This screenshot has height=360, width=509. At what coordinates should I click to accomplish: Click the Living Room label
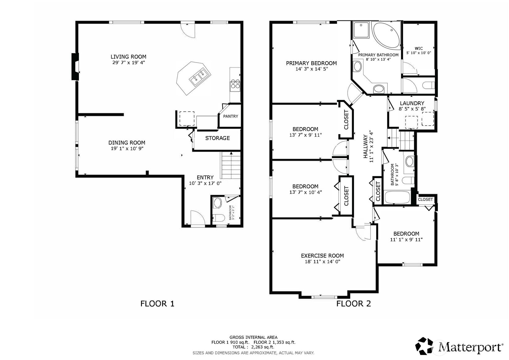pyautogui.click(x=128, y=57)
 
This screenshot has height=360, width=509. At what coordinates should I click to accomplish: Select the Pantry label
pyautogui.click(x=231, y=116)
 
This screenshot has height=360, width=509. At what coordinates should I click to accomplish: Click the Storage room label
pyautogui.click(x=217, y=138)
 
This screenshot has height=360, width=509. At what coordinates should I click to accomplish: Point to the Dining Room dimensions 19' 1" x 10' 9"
pyautogui.click(x=126, y=148)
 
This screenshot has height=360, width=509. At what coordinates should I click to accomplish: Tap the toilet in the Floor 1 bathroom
pyautogui.click(x=218, y=218)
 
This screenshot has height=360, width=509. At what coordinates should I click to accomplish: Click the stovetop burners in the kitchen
pyautogui.click(x=235, y=84)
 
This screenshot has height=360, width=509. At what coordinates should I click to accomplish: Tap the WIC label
pyautogui.click(x=418, y=49)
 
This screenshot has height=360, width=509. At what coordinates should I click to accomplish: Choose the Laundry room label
pyautogui.click(x=412, y=103)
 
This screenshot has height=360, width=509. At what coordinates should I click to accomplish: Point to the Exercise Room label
pyautogui.click(x=322, y=256)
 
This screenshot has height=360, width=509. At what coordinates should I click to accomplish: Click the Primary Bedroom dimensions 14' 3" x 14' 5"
pyautogui.click(x=311, y=69)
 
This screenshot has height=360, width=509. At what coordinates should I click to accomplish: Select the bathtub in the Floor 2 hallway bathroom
pyautogui.click(x=397, y=197)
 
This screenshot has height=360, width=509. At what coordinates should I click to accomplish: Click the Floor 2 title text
pyautogui.click(x=353, y=304)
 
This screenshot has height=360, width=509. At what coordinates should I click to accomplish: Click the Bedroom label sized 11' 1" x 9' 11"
pyautogui.click(x=406, y=234)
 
